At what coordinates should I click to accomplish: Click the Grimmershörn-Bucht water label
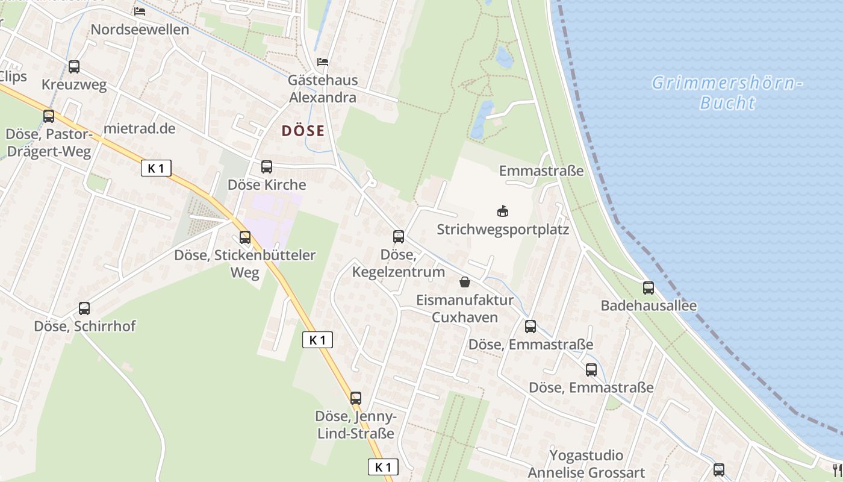tap(727, 92)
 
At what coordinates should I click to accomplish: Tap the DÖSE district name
tap(303, 131)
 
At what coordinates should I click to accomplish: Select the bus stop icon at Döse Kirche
tap(266, 167)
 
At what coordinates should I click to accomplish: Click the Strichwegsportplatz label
tap(503, 230)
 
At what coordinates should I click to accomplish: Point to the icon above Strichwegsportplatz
tap(502, 211)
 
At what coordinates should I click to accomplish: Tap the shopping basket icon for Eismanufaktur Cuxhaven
tap(465, 281)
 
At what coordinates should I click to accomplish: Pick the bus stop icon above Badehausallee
tap(648, 288)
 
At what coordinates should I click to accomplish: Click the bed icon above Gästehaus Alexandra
tap(323, 62)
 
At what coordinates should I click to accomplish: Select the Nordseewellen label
tap(140, 30)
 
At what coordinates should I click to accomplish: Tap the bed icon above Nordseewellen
tap(140, 11)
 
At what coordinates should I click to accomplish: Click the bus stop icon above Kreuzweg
tap(74, 67)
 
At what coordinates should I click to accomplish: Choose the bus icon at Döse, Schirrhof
tap(84, 308)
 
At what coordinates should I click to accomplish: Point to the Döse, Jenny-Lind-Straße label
tap(355, 425)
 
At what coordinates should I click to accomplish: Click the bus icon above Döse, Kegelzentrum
tap(398, 237)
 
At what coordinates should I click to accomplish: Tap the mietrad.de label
tap(139, 128)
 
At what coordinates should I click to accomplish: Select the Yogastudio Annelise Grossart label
tap(586, 464)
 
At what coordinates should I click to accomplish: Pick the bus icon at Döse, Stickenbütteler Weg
tap(244, 237)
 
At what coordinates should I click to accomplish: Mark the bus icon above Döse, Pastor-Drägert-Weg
tap(48, 116)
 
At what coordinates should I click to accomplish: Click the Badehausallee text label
tap(649, 305)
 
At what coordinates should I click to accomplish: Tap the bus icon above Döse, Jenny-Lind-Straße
tap(355, 398)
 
